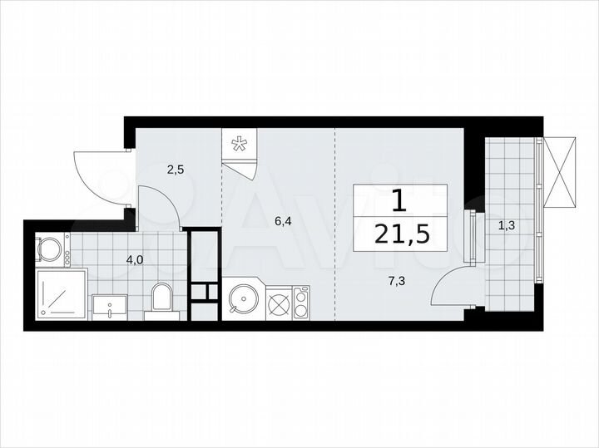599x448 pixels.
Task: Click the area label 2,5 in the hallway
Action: click(175, 170)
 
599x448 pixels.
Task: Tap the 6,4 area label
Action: click(285, 221)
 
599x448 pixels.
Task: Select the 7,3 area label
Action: click(396, 281)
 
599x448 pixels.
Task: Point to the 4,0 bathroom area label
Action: click(134, 259)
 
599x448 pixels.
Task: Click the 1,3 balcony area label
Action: click(506, 224)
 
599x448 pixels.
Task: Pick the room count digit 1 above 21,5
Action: click(399, 200)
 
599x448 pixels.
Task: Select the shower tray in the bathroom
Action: click(61, 294)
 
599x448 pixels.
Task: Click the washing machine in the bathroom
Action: click(52, 249)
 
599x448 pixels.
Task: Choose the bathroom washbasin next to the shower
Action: click(109, 306)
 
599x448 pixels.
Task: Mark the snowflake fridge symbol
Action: click(240, 145)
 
